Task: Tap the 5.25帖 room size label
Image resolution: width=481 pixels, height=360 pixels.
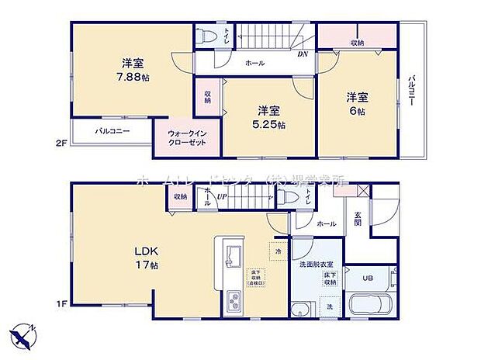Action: coord(269,124)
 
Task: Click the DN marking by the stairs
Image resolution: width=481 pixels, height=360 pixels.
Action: coord(302,54)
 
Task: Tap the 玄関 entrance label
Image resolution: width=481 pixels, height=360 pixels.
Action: coord(358,219)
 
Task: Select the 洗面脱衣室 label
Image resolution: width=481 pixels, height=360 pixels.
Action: coord(313,265)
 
